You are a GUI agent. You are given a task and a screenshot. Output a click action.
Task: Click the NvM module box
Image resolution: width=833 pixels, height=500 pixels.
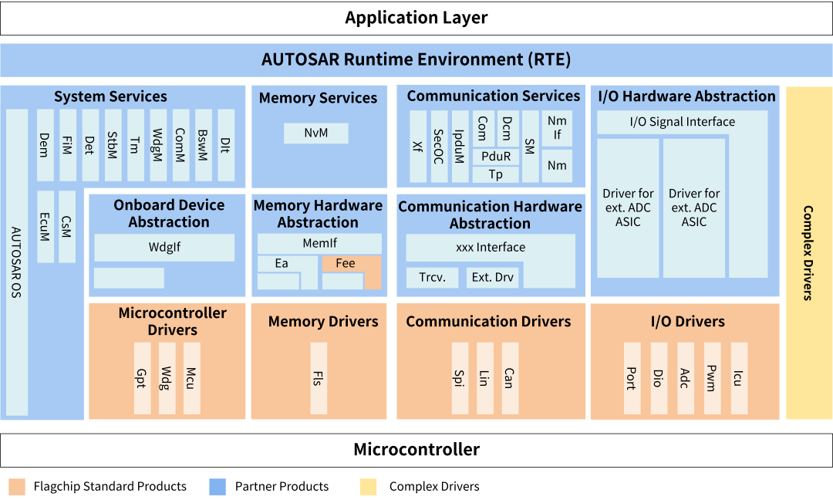315,133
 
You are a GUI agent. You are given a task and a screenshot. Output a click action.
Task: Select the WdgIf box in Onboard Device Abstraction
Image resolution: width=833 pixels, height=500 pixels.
164,248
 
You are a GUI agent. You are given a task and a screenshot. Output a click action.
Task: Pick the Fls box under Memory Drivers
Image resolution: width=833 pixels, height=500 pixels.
318,378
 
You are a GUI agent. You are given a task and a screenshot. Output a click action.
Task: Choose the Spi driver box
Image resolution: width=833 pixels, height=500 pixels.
459,378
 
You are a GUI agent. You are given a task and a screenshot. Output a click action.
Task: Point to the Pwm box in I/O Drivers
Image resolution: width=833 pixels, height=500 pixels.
712,378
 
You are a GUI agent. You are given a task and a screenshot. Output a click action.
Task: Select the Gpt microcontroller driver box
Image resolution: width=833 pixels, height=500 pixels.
141,378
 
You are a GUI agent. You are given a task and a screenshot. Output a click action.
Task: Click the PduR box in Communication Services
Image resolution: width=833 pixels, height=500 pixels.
496,156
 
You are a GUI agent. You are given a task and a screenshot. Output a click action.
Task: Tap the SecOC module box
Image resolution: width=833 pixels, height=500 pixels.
439,146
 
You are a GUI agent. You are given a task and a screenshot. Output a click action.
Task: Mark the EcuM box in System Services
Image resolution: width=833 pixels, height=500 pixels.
45,226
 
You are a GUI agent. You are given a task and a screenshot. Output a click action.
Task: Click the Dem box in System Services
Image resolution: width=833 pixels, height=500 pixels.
45,145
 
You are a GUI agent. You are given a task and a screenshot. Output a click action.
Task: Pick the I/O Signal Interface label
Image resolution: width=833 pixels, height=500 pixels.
682,122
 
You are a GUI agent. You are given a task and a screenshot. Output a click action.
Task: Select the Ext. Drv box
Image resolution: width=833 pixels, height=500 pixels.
493,277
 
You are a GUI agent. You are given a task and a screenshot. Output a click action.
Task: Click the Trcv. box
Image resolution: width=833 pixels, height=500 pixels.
431,277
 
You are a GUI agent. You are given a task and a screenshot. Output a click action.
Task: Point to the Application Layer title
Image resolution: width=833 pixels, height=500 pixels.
416,18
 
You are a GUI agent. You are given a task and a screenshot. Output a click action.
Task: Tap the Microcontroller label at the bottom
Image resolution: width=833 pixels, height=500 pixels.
416,449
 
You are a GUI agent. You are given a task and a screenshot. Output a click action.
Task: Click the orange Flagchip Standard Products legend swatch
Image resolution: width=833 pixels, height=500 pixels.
17,486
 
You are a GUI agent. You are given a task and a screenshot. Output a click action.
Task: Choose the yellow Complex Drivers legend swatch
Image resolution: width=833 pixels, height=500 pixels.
368,486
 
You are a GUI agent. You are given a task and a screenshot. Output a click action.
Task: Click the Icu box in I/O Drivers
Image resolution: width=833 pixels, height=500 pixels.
739,378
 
